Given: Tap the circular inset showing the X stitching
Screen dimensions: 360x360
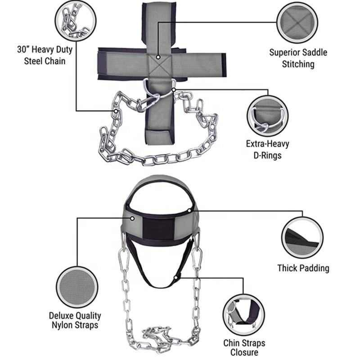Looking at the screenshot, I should pyautogui.click(x=297, y=22).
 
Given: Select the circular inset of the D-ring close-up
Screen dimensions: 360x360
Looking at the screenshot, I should pyautogui.click(x=267, y=114).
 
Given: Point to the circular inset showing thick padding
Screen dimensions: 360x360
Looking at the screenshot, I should pyautogui.click(x=302, y=237).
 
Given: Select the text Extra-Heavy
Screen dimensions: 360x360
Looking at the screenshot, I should pyautogui.click(x=267, y=144).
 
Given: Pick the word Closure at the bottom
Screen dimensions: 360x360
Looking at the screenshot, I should pyautogui.click(x=241, y=353).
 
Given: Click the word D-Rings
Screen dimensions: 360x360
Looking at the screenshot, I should pyautogui.click(x=267, y=156).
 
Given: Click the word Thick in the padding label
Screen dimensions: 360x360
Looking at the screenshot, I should pyautogui.click(x=287, y=268).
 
